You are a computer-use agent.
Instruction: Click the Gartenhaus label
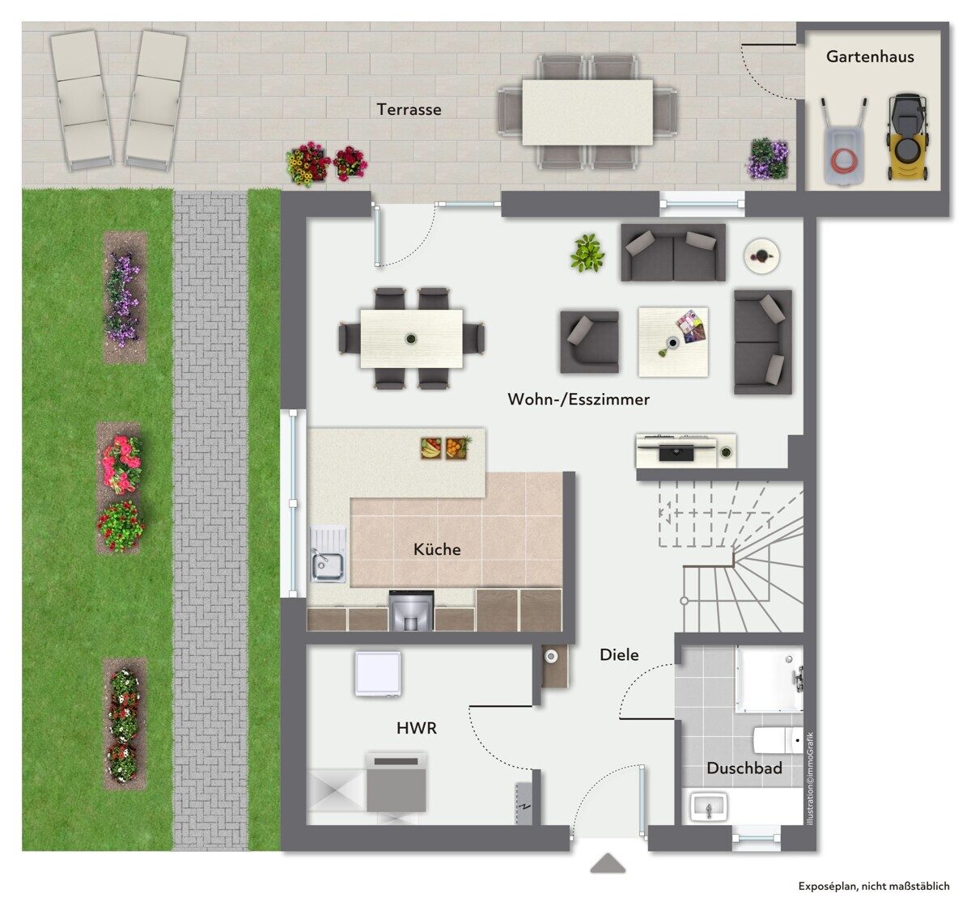point(870,57)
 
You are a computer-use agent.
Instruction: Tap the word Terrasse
point(409,109)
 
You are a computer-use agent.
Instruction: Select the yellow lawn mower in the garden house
point(909,138)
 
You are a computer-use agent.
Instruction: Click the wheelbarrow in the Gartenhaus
point(843,142)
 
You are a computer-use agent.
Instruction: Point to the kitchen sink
point(328,568)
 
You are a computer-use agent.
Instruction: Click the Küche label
point(437,549)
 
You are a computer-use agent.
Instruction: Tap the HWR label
point(417,728)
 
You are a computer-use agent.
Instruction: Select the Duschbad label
point(744,768)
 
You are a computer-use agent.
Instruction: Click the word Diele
point(619,655)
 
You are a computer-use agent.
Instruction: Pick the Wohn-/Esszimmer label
point(579,400)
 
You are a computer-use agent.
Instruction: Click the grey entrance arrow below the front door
point(608,863)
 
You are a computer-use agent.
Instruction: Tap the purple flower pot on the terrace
point(767,159)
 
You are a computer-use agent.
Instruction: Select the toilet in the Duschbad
point(778,739)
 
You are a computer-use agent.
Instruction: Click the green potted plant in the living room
point(587,252)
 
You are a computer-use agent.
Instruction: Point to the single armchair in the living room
point(589,341)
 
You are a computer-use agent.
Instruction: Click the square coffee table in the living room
point(673,341)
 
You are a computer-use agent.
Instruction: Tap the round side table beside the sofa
point(761,255)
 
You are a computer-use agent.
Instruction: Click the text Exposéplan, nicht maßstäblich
point(874,886)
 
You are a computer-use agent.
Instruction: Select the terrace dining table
point(587,112)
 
